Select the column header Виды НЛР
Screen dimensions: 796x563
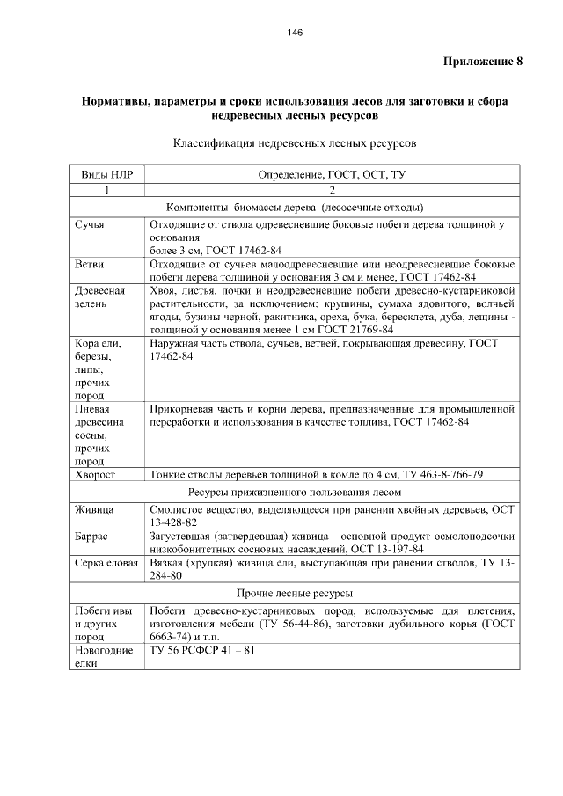tap(106, 174)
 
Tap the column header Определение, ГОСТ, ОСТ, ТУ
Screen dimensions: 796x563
tap(332, 174)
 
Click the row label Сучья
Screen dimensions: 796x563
tap(90, 225)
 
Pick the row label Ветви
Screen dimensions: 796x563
tap(90, 263)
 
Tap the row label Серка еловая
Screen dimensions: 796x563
tap(106, 561)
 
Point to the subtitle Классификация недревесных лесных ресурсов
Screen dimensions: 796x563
tap(294, 142)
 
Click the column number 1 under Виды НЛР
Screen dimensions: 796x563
tap(106, 191)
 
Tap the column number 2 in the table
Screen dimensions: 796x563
tap(332, 191)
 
